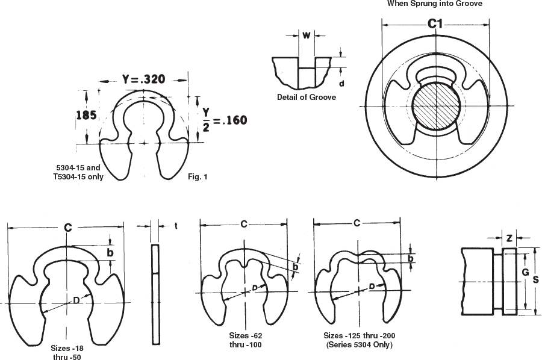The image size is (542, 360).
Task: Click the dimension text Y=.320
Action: [x=143, y=79]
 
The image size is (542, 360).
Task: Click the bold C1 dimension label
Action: [x=435, y=24]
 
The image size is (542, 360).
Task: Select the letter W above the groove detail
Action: [x=306, y=35]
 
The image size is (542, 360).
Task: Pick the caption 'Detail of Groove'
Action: [x=306, y=97]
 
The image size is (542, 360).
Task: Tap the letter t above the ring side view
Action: [x=175, y=226]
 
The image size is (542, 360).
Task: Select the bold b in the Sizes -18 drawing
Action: [x=110, y=253]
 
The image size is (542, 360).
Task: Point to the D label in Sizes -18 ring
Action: [x=76, y=299]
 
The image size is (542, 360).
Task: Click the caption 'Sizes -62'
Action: [x=246, y=335]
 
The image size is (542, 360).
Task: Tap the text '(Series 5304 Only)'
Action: [x=359, y=345]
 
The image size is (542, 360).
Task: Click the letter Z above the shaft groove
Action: [x=509, y=238]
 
